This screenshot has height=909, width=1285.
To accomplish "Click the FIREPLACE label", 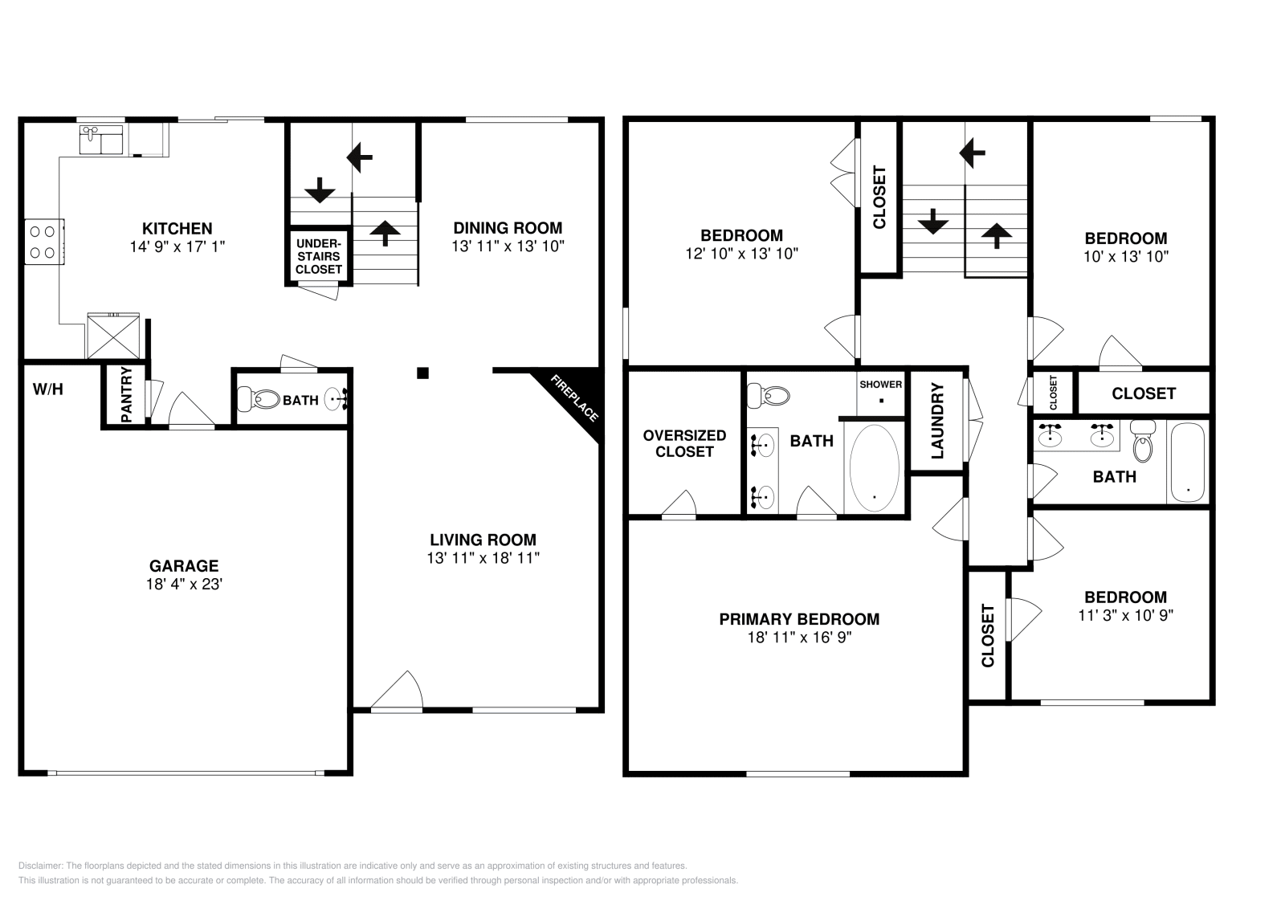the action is point(574,397).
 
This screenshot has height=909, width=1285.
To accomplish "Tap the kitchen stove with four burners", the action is point(43,242).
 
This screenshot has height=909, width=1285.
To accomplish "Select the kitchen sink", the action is point(101,140).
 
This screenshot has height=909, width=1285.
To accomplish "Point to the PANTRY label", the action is point(126,394).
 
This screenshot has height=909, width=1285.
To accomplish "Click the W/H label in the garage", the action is point(47,389).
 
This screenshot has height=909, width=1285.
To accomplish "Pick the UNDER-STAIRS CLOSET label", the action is point(318,256).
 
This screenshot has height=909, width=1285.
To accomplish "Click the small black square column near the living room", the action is point(422,373).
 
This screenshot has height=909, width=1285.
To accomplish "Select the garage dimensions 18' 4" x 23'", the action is point(184,584).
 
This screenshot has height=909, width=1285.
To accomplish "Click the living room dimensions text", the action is point(483,557).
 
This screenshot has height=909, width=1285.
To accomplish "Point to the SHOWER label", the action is point(880,385).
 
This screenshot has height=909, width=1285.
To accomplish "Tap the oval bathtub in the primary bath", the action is point(875,468).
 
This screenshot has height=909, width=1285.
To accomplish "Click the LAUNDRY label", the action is point(937,421).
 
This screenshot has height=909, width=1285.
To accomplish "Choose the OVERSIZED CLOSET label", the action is point(684,443).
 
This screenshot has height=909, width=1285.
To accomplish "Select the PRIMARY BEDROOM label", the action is point(799,619).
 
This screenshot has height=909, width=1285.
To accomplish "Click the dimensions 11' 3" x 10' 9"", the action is point(1125,615).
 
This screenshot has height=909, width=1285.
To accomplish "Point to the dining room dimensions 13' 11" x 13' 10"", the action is point(508,246).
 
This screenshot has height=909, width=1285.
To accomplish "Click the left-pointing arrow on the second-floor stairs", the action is point(972,153).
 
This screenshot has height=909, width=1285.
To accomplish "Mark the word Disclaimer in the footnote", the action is point(39,866).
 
